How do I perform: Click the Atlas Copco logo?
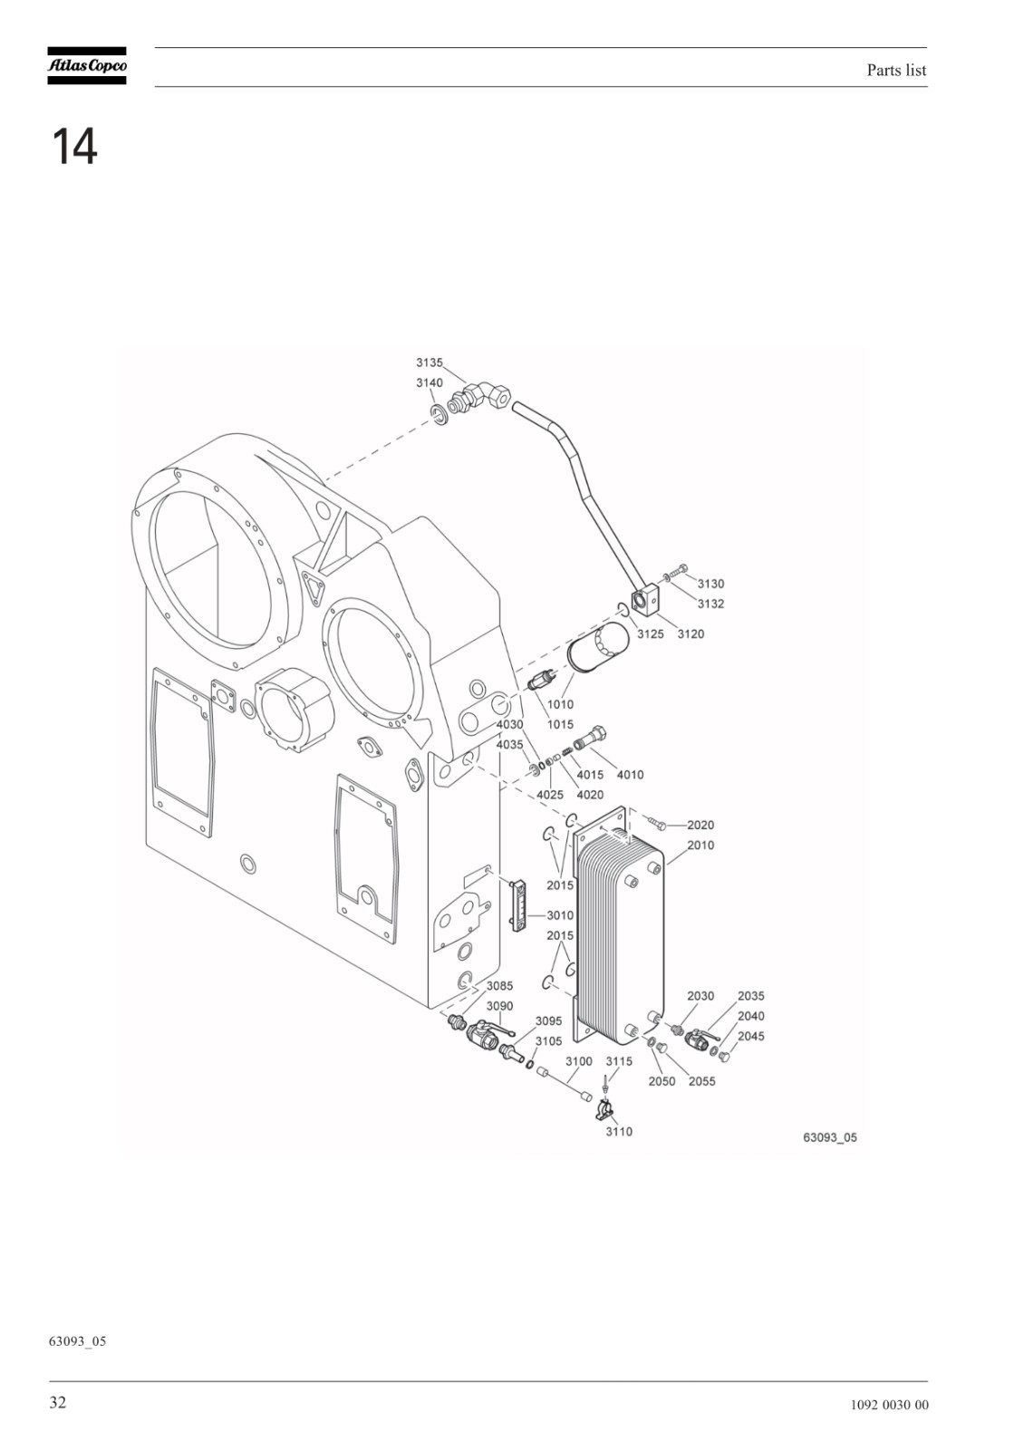(87, 65)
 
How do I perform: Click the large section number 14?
(74, 147)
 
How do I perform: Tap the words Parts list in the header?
(896, 70)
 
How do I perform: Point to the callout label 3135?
(430, 362)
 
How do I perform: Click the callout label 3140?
(430, 382)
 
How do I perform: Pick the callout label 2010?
(700, 846)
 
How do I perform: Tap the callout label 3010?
(560, 915)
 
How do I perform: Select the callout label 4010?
(630, 775)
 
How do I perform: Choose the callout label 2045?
(751, 1037)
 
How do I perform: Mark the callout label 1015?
(560, 725)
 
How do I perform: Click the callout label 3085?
(499, 986)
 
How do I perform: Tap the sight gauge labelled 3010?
(518, 905)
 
